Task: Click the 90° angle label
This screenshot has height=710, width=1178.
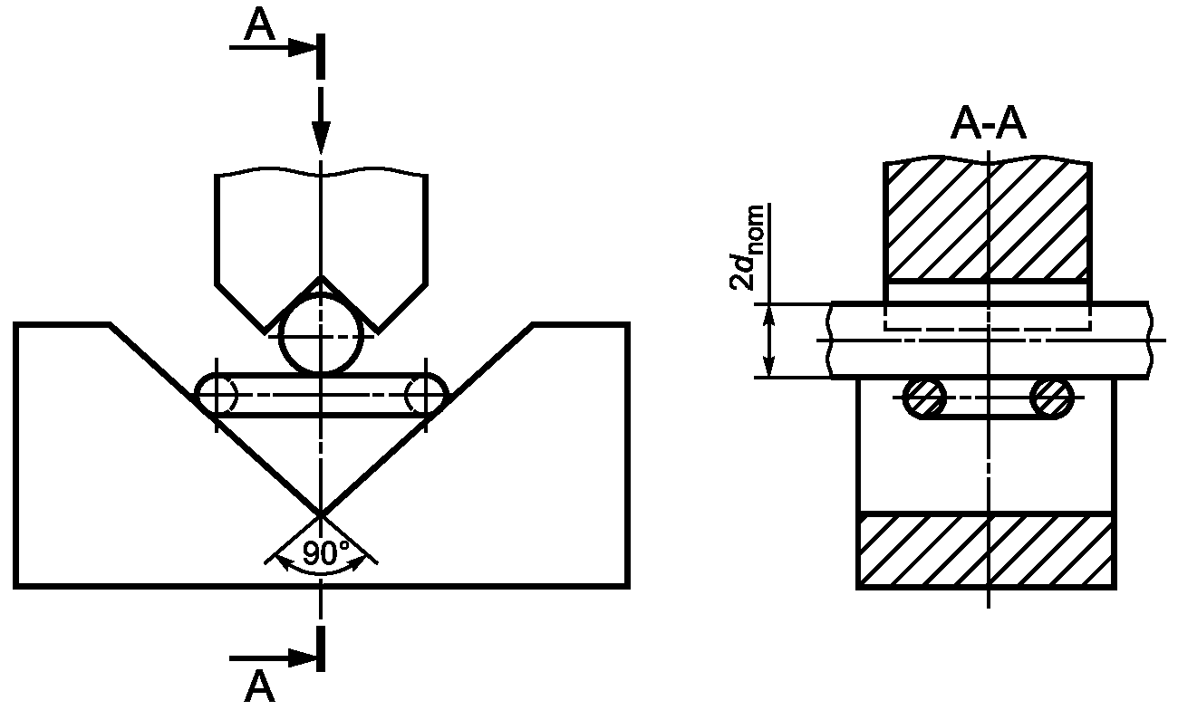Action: tap(326, 552)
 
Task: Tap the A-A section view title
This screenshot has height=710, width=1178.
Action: tap(988, 125)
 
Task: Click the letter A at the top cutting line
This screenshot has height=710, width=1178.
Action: tap(259, 25)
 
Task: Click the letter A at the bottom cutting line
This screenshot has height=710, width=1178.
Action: tap(259, 686)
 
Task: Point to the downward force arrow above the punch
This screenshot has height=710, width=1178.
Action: tap(321, 120)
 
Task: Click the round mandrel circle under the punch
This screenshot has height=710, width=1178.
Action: tap(321, 335)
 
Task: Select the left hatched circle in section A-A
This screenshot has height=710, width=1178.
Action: tap(924, 398)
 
